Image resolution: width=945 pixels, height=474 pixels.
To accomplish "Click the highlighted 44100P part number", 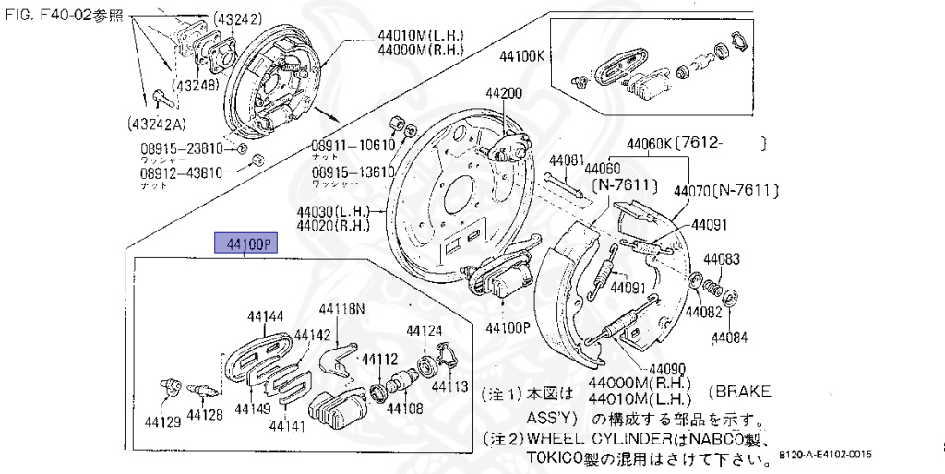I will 245,243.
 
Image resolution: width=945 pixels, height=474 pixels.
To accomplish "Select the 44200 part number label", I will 504,93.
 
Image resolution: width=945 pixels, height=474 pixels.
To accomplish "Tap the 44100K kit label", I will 521,55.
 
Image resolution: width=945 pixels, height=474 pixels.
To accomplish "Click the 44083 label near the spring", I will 722,259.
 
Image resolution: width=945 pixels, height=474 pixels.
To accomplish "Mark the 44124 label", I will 425,330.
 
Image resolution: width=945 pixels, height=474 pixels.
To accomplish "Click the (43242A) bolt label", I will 159,121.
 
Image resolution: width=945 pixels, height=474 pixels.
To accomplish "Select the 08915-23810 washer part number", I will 181,148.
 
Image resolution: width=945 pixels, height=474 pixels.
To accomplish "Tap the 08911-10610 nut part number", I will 352,145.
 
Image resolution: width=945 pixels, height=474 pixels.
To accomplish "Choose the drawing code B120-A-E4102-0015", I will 824,456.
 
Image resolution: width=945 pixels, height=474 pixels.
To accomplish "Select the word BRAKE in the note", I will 743,392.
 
